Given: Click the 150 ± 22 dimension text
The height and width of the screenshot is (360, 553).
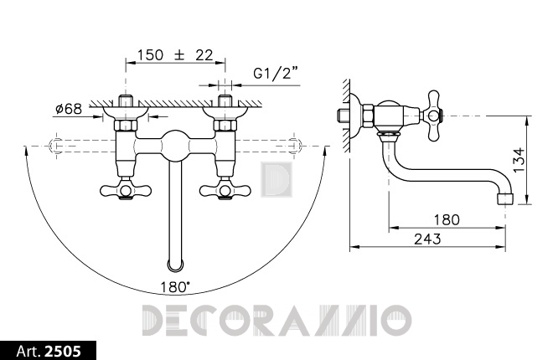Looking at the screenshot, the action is point(175,55).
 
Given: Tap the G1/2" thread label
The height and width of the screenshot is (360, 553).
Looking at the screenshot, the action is point(276,74).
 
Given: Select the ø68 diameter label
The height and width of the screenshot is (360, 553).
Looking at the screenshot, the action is point(69,109).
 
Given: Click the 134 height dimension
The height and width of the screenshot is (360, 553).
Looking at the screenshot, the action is point(519,160).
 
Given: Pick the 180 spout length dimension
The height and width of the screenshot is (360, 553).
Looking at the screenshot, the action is point(447,220).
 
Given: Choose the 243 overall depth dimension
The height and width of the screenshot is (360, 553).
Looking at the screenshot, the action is point(427,239).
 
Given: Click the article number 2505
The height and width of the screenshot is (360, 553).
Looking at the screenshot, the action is point(63,351).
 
